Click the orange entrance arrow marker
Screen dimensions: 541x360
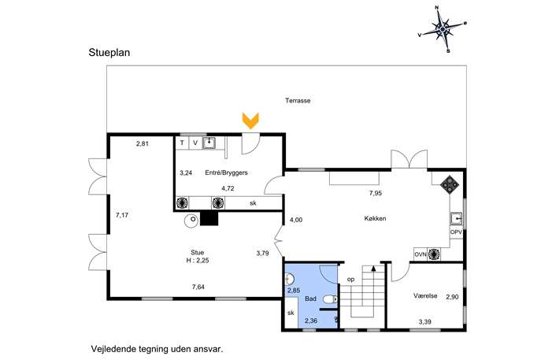(x=250, y=121)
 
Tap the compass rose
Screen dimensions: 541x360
(x=443, y=30)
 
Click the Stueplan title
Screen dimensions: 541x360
(x=109, y=53)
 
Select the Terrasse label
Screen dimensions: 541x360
(x=298, y=101)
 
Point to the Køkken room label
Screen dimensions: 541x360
(x=375, y=218)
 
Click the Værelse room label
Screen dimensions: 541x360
(x=425, y=296)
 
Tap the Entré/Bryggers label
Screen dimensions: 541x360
(x=226, y=173)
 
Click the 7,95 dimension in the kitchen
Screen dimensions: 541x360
(x=376, y=193)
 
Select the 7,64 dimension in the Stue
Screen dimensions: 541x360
(x=198, y=287)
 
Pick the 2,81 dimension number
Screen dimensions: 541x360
(x=143, y=143)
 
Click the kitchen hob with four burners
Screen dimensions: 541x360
(x=450, y=185)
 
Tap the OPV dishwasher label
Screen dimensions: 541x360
(x=456, y=232)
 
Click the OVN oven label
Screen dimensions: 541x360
(x=421, y=254)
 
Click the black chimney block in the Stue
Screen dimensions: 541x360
(x=209, y=218)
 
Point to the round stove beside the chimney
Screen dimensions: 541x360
(x=191, y=221)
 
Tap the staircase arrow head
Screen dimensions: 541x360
(x=373, y=268)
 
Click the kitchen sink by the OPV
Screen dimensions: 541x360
(x=456, y=219)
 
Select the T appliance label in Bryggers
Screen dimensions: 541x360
(x=182, y=143)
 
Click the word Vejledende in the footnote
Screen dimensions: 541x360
(x=113, y=349)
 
